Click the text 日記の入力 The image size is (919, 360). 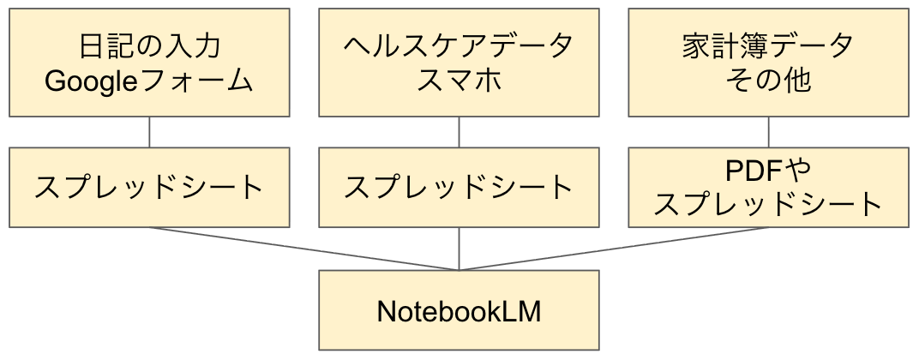tap(149, 46)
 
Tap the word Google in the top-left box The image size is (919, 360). tap(85, 81)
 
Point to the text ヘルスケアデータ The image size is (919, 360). tap(459, 46)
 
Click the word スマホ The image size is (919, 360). tap(459, 81)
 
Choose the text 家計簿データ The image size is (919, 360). tap(768, 46)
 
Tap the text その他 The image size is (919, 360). tap(768, 81)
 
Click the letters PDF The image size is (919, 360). tap(753, 171)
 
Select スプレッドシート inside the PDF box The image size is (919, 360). tap(768, 204)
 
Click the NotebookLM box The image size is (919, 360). tap(459, 311)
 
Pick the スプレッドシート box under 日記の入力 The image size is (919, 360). tap(149, 187)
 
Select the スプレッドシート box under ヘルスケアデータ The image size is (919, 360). tap(459, 187)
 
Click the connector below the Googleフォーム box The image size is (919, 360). tap(149, 132)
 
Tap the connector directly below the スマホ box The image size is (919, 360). tap(459, 132)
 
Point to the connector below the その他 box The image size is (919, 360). tap(768, 132)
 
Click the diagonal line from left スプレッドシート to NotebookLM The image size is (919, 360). tap(304, 249)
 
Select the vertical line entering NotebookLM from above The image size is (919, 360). tap(459, 249)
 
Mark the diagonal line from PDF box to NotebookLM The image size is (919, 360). tap(614, 249)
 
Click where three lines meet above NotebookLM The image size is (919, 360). tap(459, 270)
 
